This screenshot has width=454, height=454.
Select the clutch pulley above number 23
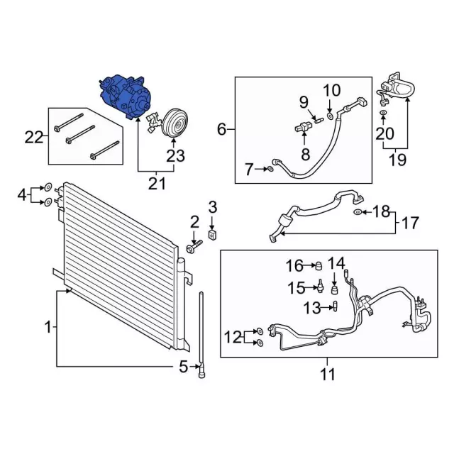click(x=173, y=121)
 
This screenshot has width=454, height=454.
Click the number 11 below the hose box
click(x=327, y=374)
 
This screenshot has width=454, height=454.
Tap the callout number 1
click(x=48, y=328)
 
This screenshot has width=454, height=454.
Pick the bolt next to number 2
click(x=194, y=246)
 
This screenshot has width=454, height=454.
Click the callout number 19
click(x=398, y=159)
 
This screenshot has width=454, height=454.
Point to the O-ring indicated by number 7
click(x=272, y=169)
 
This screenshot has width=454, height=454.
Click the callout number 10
click(x=332, y=90)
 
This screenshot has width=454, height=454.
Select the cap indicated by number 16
click(x=319, y=265)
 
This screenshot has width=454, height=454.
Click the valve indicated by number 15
click(x=322, y=287)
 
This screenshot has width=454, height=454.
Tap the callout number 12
click(x=232, y=337)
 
